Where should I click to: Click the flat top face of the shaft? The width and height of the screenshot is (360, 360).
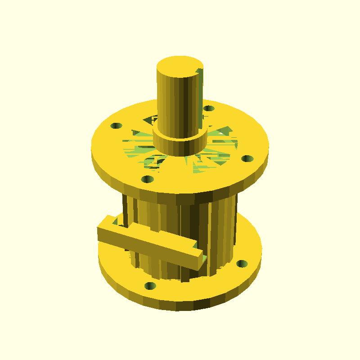pos(179,66)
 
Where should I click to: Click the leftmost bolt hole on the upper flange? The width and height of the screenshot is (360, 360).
pos(117,126)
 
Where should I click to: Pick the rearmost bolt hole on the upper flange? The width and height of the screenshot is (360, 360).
pos(208,108)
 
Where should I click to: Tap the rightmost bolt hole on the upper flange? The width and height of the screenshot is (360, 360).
pos(247,158)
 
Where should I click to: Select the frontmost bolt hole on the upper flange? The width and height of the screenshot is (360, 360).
pos(147,179)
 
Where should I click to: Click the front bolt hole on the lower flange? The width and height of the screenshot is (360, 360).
pos(150,286)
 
